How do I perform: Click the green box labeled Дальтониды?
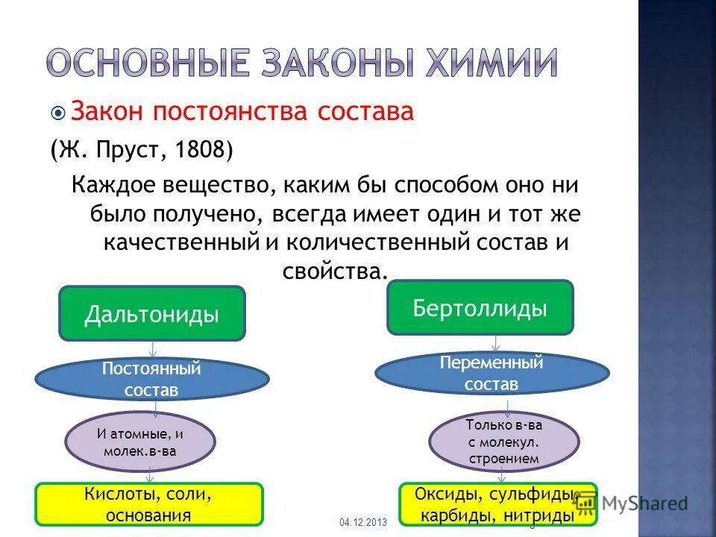point(152,314)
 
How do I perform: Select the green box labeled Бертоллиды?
point(480,307)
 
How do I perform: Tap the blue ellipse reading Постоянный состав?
point(151,379)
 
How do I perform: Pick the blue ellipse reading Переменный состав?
point(491,374)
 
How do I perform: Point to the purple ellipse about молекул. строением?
point(503,442)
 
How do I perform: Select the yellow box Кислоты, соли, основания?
point(149,503)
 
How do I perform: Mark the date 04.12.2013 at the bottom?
point(363,523)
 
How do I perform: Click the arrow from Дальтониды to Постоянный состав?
point(153,350)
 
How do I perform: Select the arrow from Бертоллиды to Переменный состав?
point(496,343)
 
